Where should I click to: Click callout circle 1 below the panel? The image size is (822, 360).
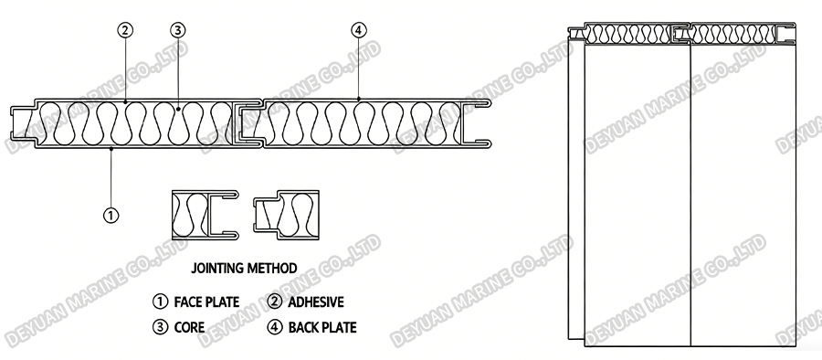pos(111,216)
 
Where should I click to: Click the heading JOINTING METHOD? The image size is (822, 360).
pos(245,269)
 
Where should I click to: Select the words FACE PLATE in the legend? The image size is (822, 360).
pos(205,302)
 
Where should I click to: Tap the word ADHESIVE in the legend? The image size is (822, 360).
pos(316,302)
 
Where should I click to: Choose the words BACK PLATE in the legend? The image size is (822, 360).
pos(322,326)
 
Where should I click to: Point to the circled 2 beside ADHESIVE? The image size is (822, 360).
pos(275,302)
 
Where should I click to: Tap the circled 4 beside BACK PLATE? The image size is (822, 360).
pos(275,326)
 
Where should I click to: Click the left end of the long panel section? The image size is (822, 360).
pos(22,122)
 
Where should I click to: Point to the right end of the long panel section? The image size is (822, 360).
pos(481,122)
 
